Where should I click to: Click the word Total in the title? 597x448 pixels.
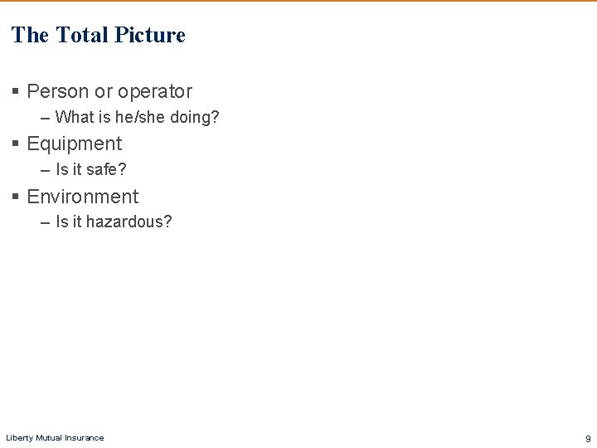tap(81, 35)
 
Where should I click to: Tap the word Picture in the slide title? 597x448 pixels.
tap(150, 35)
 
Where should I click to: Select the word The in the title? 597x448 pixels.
tap(31, 35)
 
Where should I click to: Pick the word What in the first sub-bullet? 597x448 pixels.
tap(74, 117)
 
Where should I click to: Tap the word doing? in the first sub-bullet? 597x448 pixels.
tap(195, 117)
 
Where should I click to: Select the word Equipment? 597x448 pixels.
tap(75, 144)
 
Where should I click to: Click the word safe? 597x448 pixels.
tap(106, 170)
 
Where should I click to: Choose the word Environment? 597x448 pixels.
tap(83, 197)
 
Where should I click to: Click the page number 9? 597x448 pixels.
tap(588, 439)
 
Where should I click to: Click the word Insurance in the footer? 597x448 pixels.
tap(85, 438)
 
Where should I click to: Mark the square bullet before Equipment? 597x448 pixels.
tap(16, 144)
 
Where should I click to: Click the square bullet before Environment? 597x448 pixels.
tap(16, 197)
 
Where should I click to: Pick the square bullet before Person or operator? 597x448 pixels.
tap(16, 92)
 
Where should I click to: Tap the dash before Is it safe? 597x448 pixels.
tap(45, 170)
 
